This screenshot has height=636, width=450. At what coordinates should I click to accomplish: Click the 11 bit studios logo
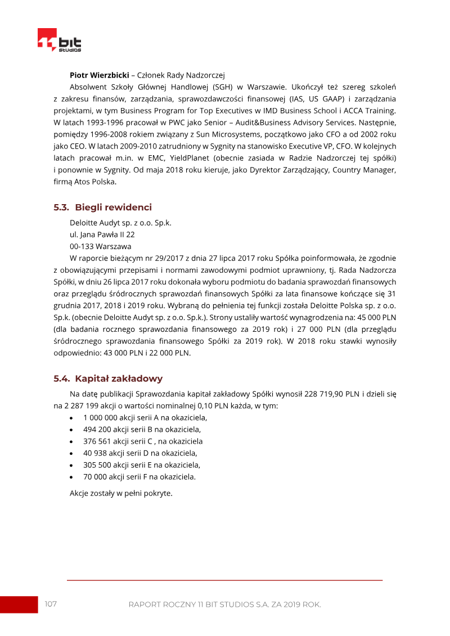pyautogui.click(x=59, y=42)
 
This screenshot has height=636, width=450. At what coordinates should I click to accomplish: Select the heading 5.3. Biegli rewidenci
pyautogui.click(x=102, y=208)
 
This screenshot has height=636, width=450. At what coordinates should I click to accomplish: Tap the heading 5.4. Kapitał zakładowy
pyautogui.click(x=108, y=378)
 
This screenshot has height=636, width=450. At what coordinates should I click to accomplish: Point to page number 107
pyautogui.click(x=51, y=604)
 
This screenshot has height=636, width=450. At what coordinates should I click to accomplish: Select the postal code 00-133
pyautogui.click(x=82, y=246)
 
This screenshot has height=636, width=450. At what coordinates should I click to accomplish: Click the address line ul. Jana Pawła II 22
pyautogui.click(x=102, y=234)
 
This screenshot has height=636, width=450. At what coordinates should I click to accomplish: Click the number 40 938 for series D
pyautogui.click(x=94, y=453)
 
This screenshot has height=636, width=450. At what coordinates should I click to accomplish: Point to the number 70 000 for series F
pyautogui.click(x=94, y=476)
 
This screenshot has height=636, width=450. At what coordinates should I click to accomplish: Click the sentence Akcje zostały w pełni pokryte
pyautogui.click(x=121, y=493)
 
